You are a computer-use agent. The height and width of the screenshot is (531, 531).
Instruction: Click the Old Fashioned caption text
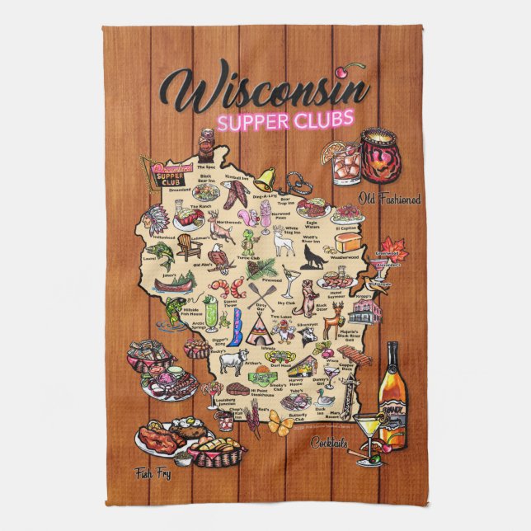click(x=390, y=199)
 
